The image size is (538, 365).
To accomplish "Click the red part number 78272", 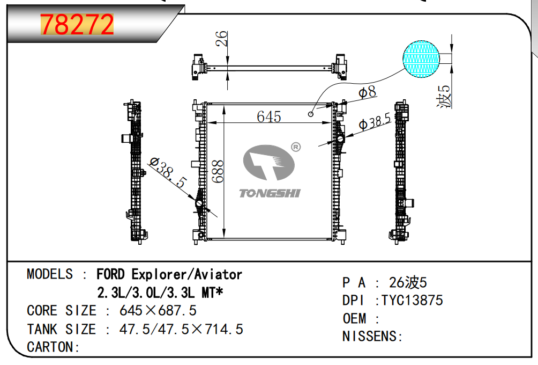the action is (77, 24).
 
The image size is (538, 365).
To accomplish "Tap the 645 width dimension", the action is (269, 117).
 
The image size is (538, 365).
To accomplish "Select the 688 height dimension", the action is (218, 171).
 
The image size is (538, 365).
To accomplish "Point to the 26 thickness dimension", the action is (222, 39).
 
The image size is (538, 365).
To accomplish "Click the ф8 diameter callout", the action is (367, 92).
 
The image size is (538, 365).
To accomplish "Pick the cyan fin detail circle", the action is (421, 59).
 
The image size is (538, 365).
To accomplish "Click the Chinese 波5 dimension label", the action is (444, 97).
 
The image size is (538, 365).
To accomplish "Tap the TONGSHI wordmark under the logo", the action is (270, 193).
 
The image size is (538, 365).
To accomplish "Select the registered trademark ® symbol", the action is (296, 147).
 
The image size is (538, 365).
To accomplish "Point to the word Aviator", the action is (218, 274).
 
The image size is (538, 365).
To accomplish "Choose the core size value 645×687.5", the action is (158, 310).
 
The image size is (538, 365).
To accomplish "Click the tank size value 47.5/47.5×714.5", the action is (181, 329).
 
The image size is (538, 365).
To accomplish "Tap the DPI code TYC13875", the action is (412, 300).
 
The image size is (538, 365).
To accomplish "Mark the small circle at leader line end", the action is (311, 114).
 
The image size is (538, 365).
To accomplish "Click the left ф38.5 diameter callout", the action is (168, 172).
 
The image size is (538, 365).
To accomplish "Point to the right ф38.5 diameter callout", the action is (375, 122).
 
